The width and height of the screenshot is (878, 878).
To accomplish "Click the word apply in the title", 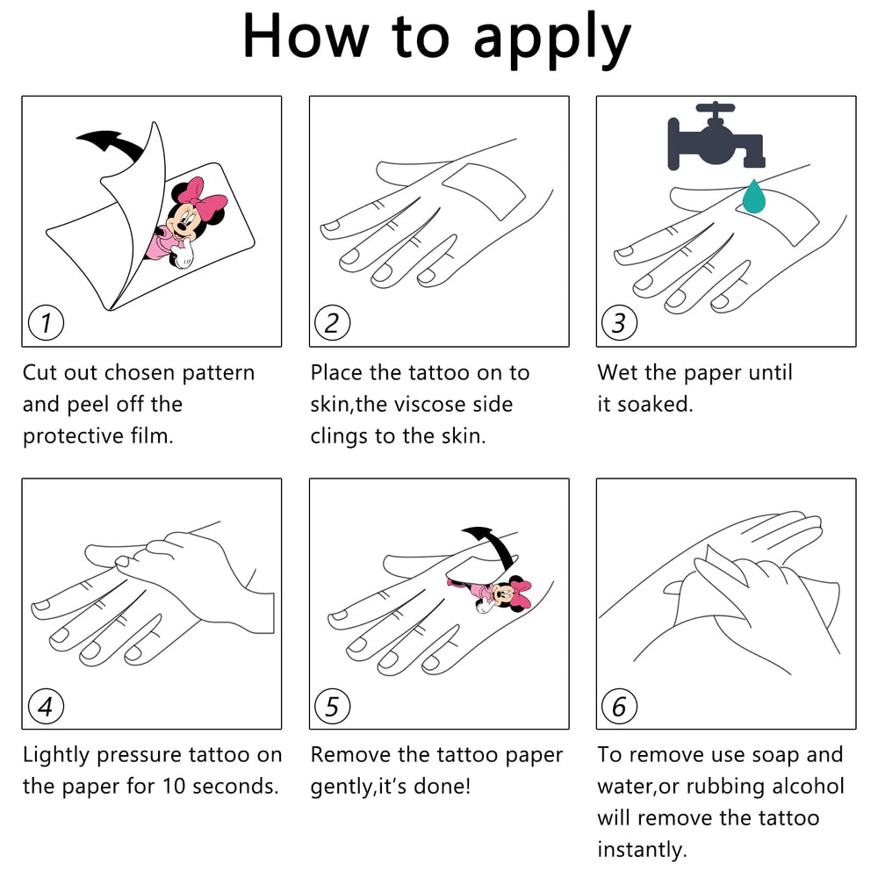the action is [x=552, y=40].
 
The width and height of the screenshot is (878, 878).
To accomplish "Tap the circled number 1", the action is [x=46, y=323].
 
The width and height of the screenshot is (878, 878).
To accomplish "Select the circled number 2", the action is [x=333, y=323].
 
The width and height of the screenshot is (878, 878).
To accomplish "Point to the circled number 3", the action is [x=619, y=323].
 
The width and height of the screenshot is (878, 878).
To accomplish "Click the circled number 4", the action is [x=46, y=706].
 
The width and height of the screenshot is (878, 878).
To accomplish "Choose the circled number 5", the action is [x=333, y=706].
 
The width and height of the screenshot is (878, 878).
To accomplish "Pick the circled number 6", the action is [x=619, y=706].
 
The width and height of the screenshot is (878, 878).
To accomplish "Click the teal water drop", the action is [x=753, y=197].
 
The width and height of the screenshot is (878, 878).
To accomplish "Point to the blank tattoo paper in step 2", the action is [x=484, y=191].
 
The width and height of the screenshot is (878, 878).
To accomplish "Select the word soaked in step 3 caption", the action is [x=655, y=404].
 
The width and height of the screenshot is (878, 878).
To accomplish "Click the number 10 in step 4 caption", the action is [x=174, y=787].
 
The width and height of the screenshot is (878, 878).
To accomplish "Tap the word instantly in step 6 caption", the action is [x=642, y=850].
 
